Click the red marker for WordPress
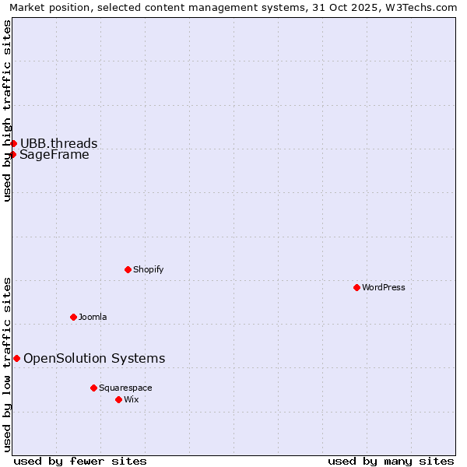356,287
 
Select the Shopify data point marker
128,269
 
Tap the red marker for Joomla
73,317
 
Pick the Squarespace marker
93,388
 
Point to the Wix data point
118,399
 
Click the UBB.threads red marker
13,143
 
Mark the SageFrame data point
12,154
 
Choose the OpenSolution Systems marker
16,358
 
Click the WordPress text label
384,287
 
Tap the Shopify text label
148,269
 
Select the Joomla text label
93,317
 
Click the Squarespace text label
125,388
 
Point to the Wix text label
132,399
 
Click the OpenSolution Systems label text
94,358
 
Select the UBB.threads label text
59,143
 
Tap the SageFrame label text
54,154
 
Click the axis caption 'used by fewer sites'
80,461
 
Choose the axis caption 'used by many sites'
391,461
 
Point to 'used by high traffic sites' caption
7,111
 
